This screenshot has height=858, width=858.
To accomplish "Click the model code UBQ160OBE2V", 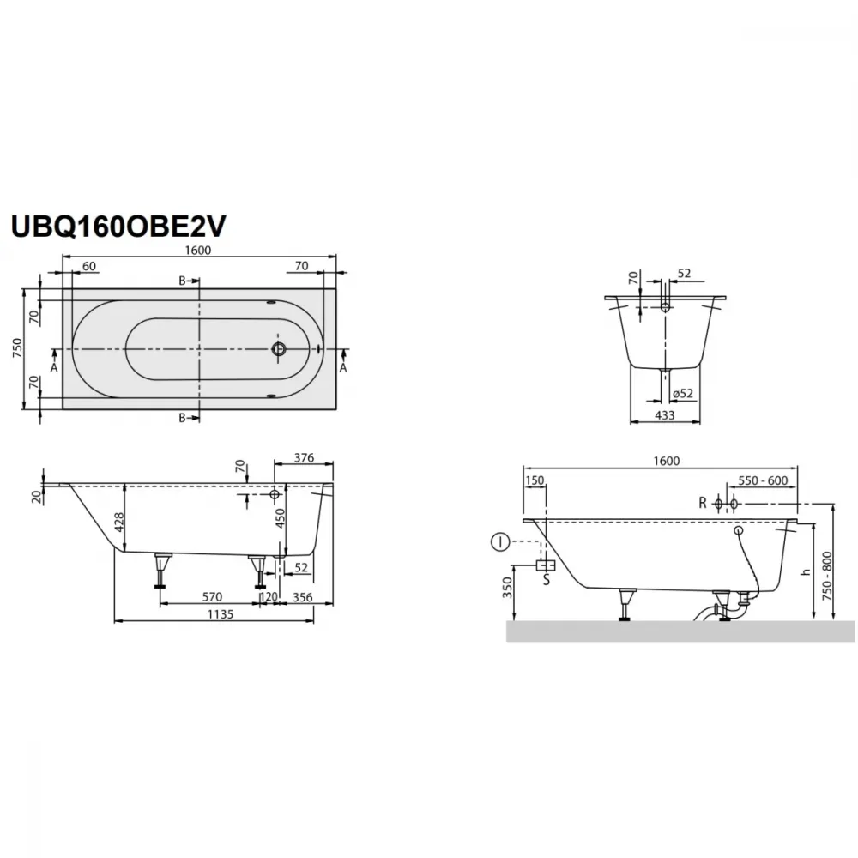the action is pyautogui.click(x=118, y=226).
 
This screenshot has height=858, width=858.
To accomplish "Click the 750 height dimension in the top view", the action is pyautogui.click(x=17, y=348).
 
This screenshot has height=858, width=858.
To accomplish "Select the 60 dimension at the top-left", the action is pyautogui.click(x=88, y=266).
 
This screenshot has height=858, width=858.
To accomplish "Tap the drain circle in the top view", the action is pyautogui.click(x=279, y=348).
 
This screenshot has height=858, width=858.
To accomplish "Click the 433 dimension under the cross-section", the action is pyautogui.click(x=664, y=415).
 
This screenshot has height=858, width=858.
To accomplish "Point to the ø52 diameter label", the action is pyautogui.click(x=683, y=393).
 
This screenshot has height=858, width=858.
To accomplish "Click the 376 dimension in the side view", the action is pyautogui.click(x=305, y=457).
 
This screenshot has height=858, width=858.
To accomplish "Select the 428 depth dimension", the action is pyautogui.click(x=119, y=522).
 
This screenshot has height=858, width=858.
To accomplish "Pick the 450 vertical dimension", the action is pyautogui.click(x=280, y=518).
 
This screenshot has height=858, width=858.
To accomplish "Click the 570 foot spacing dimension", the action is pyautogui.click(x=212, y=596).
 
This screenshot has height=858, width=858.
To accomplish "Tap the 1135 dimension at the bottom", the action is pyautogui.click(x=221, y=614).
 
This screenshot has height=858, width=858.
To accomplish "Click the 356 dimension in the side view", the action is pyautogui.click(x=302, y=597).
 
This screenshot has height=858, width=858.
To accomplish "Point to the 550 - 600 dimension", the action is pyautogui.click(x=763, y=480).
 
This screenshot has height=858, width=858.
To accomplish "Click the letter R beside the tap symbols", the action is pyautogui.click(x=703, y=503).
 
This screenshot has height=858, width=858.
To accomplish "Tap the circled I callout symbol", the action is pyautogui.click(x=500, y=542).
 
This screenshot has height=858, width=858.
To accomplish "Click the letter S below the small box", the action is pyautogui.click(x=546, y=579).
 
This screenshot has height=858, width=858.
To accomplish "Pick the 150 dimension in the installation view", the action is pyautogui.click(x=535, y=480).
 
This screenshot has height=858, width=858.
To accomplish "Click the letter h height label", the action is pyautogui.click(x=805, y=571).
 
